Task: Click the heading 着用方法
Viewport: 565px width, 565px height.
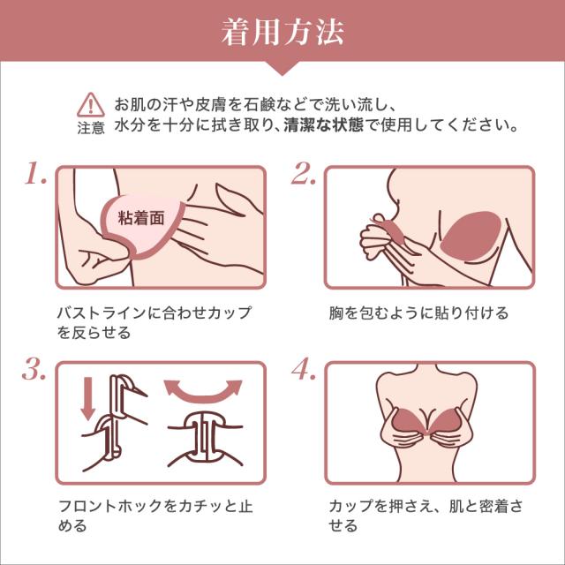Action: click(x=282, y=32)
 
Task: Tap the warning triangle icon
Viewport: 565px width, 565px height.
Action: click(x=91, y=105)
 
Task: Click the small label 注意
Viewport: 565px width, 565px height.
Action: click(x=91, y=128)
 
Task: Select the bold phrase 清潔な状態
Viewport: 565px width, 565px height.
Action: click(x=324, y=125)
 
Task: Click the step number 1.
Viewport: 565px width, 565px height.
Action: click(x=36, y=173)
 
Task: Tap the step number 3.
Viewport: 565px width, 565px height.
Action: click(x=34, y=370)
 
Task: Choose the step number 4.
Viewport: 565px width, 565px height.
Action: click(x=304, y=370)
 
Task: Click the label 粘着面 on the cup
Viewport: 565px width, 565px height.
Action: click(x=141, y=218)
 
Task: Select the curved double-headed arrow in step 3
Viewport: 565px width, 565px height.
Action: click(x=203, y=392)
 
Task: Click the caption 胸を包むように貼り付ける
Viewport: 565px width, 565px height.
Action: click(x=418, y=313)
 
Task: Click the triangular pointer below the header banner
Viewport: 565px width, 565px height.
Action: click(x=282, y=69)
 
